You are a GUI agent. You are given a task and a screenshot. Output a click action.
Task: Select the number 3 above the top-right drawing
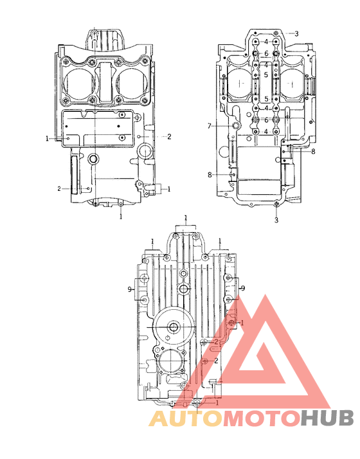[296, 33]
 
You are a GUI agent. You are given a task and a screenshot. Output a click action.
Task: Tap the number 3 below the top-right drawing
[276, 220]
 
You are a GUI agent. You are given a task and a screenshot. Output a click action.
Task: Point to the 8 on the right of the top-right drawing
[313, 152]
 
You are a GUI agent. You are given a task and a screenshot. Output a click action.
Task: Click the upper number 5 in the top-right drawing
[265, 75]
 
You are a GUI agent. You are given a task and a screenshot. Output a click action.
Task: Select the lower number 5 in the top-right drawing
[265, 99]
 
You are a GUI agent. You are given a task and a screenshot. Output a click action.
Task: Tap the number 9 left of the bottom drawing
[130, 289]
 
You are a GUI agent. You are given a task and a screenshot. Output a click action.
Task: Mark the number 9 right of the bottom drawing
[242, 289]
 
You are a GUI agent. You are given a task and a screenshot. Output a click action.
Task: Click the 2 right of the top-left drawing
[169, 136]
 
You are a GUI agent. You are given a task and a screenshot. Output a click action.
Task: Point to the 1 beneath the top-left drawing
[121, 217]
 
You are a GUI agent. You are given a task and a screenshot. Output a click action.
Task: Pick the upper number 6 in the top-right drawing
[265, 53]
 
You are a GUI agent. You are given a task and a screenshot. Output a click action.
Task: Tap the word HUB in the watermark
[327, 419]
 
